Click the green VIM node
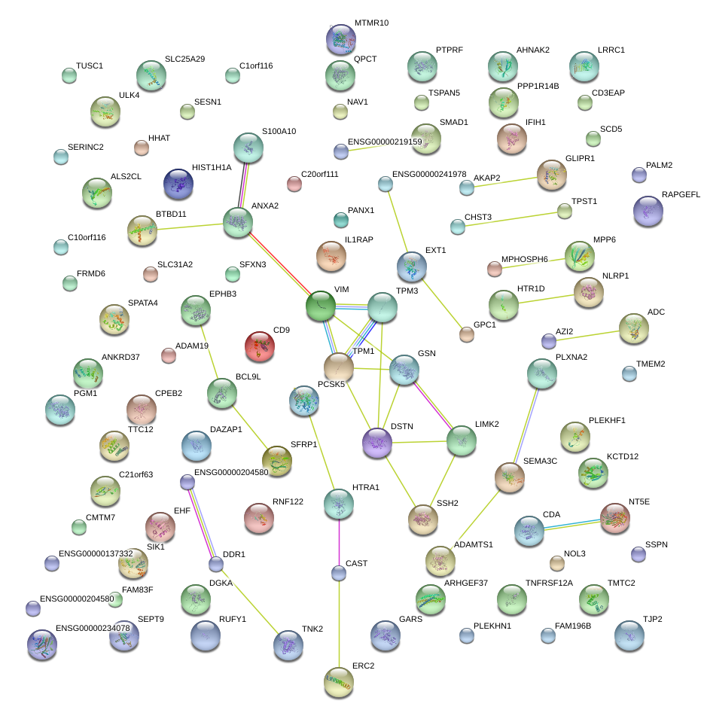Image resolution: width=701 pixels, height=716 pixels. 320,305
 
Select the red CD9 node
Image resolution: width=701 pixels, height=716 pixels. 260,346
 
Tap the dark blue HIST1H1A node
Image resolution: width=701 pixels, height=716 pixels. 179,183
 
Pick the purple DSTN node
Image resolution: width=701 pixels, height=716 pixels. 377,443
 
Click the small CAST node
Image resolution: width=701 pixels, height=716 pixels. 339,574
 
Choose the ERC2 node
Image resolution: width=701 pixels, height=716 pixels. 339,681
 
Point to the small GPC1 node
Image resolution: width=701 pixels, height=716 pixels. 467,335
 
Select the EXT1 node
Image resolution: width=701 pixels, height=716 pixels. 411,266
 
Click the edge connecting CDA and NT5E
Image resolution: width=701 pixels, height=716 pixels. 572,523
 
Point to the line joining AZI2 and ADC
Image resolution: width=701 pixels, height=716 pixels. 591,334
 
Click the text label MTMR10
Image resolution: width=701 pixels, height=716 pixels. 371,23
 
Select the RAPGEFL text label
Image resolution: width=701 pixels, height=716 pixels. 681,194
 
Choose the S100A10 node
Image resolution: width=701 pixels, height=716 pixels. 248,148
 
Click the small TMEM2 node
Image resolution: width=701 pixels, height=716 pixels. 629,373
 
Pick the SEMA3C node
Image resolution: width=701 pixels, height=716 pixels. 509,477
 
